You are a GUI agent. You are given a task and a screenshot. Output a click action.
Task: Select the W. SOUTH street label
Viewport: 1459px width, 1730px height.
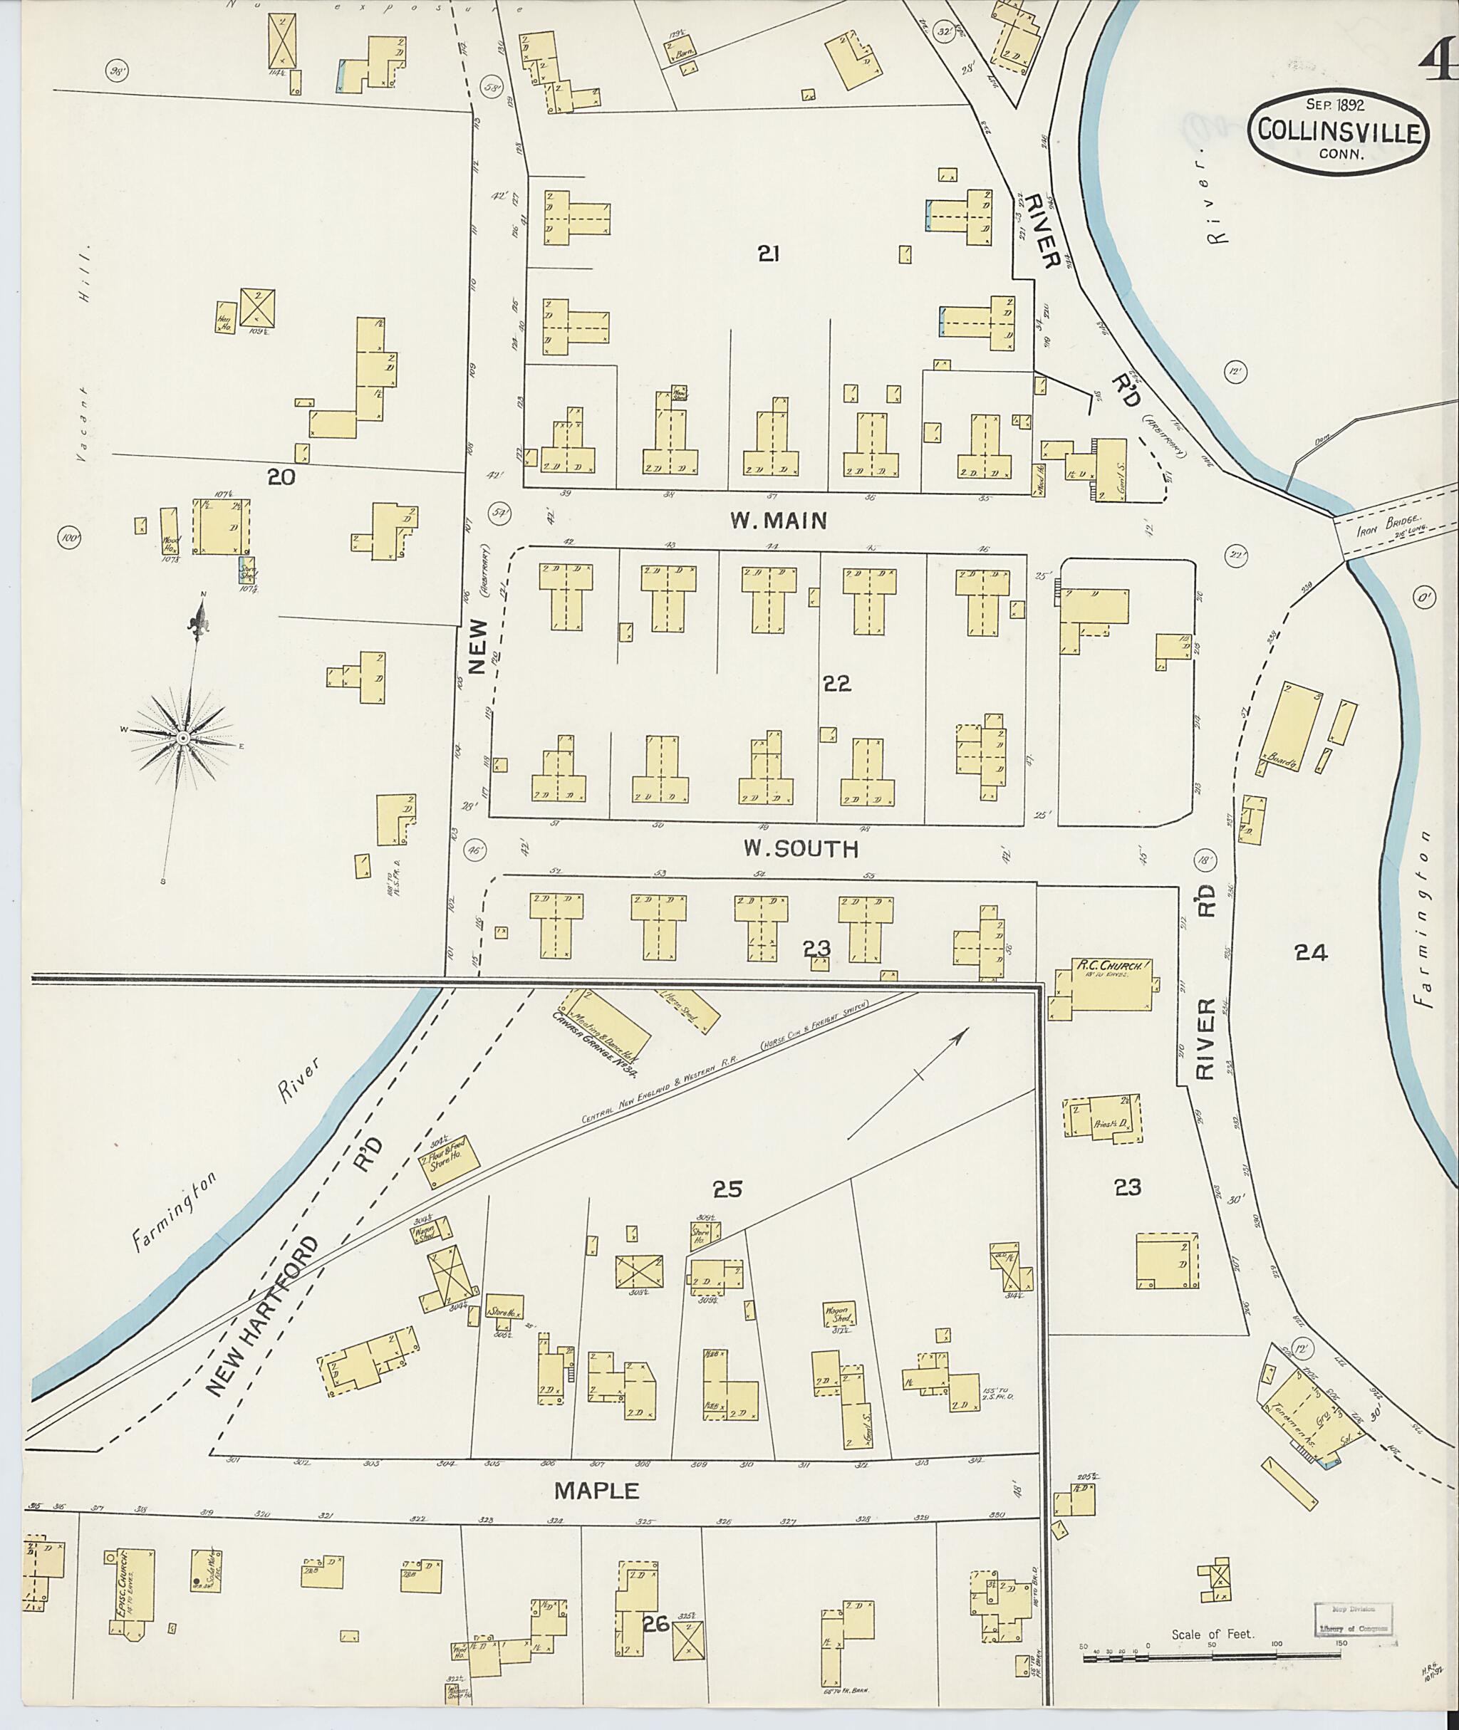(800, 848)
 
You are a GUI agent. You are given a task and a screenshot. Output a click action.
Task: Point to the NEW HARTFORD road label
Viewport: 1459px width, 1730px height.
(262, 1315)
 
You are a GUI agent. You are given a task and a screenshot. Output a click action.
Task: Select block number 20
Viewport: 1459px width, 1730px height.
(281, 477)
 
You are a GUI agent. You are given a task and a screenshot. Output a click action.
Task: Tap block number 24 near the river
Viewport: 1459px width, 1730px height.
(1311, 954)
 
